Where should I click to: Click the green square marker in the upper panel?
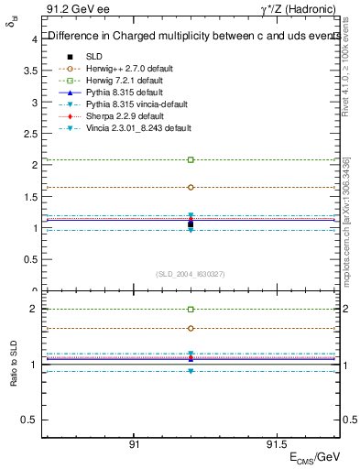click(x=191, y=159)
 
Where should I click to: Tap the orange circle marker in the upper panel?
click(x=191, y=187)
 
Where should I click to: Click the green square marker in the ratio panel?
click(x=191, y=310)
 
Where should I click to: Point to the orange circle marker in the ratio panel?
click(x=191, y=328)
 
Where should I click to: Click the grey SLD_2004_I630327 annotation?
click(x=191, y=274)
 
